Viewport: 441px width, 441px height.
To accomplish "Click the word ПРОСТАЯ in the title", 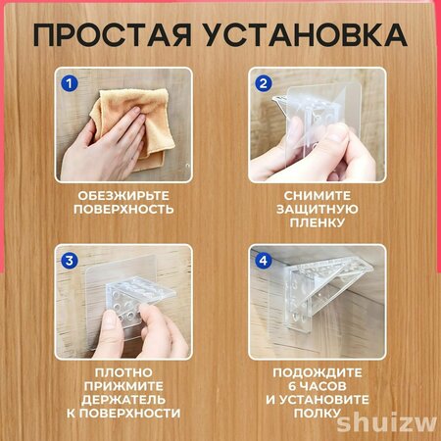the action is coord(113,34).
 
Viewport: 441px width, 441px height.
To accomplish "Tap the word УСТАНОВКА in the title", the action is coord(307,34).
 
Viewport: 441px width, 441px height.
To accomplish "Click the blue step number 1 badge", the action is coord(70,83).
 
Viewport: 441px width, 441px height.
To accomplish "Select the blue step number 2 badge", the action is coord(263,83).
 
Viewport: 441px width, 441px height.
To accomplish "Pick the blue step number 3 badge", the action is coord(70,261).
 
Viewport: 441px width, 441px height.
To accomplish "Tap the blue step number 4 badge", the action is coord(263,261).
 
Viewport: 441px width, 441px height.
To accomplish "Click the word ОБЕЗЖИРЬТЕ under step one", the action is coord(123,196).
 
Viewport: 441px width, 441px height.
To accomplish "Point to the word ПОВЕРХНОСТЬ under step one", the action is coord(123,209).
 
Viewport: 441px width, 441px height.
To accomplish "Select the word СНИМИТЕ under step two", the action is coord(318,196).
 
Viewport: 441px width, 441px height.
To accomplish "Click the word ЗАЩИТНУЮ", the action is coord(318,209).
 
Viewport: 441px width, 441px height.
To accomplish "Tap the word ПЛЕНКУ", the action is coord(318,222).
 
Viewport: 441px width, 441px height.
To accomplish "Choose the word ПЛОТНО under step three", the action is coord(123,372).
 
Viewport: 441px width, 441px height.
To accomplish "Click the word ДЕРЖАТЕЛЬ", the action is coord(123,400).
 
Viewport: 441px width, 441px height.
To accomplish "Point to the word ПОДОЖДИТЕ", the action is coord(318,372).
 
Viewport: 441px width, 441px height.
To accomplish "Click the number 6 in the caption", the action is coord(292,386).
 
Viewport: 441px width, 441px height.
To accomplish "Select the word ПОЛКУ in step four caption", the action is coord(318,414).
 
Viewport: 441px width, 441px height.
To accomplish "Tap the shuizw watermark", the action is coord(386,423).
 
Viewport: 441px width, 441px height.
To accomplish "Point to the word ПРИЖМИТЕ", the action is coord(123,386).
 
